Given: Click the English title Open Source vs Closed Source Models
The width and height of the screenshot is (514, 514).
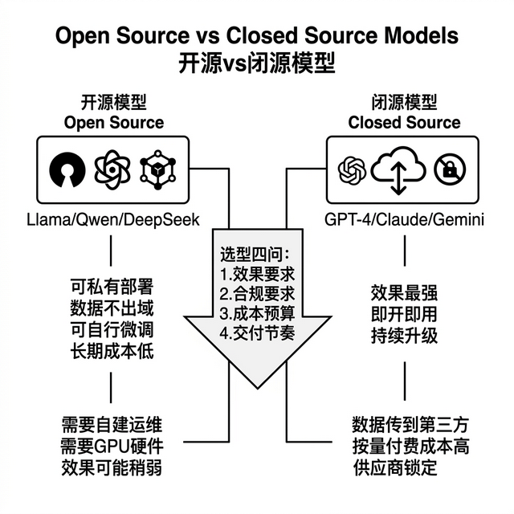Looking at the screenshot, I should pos(257,36).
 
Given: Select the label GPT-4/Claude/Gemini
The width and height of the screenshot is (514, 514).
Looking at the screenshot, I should pos(404,219).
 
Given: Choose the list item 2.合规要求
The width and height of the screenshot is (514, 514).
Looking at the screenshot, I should pos(257,292).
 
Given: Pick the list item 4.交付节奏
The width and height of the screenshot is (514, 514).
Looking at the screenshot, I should pos(257,331).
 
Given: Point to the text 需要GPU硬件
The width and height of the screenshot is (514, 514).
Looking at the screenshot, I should pos(111,447).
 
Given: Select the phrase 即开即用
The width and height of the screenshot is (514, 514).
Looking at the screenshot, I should pos(404,312).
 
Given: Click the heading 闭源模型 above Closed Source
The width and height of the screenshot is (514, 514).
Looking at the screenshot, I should pos(404,103).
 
